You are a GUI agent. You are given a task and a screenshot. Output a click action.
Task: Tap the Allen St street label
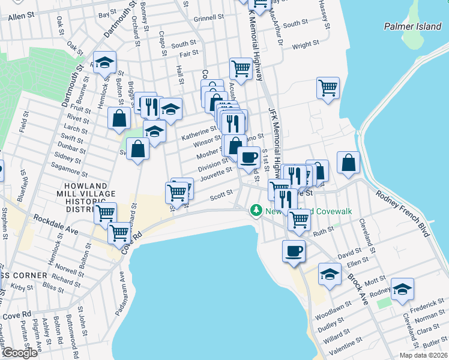20,17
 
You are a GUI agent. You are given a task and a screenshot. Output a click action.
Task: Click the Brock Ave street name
357,289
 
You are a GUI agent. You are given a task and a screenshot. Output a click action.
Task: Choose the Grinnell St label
209,18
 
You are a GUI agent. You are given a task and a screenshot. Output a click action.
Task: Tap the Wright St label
306,45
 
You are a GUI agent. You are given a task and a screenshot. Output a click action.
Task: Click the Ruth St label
340,230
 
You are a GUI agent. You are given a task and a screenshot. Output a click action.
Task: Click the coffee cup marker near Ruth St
294,251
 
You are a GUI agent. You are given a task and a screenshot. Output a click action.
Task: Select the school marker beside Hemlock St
105,62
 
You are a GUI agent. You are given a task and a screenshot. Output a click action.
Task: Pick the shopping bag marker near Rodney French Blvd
349,163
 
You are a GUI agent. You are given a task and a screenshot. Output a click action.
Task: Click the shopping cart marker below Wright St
328,88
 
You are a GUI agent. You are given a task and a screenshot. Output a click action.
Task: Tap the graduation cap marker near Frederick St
402,289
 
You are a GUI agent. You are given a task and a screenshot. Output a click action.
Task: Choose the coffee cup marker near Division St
248,158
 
